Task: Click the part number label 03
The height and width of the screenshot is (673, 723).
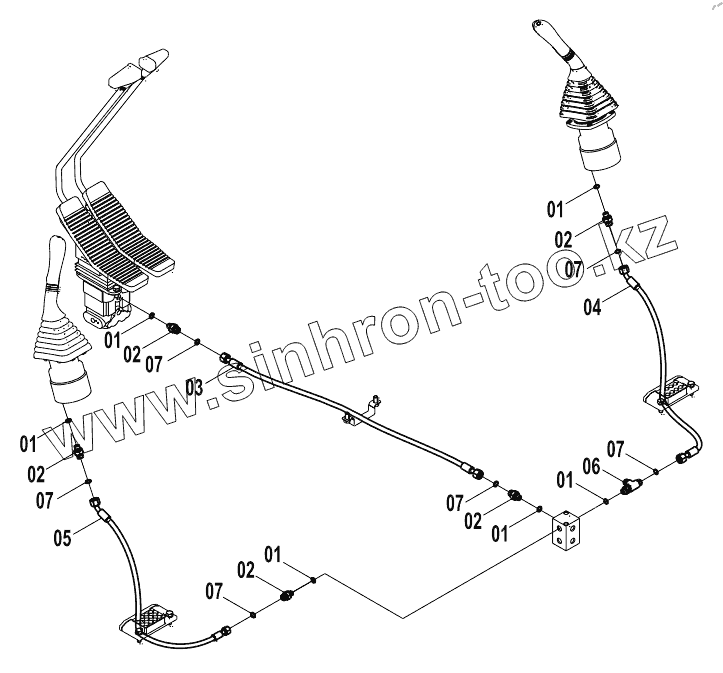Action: point(194,386)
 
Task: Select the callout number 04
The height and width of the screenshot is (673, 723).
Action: point(593,308)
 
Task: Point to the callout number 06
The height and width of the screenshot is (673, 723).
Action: point(591,465)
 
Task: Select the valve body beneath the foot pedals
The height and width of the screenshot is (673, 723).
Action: point(103,304)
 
